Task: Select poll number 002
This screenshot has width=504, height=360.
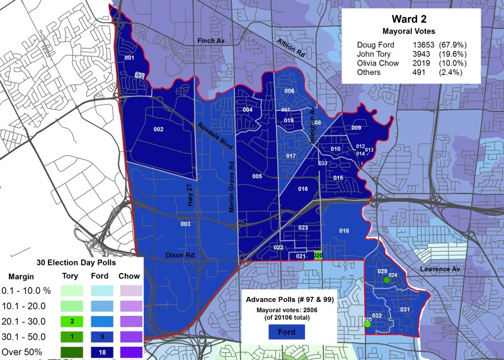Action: (158, 129)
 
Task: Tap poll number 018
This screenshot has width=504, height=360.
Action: (344, 231)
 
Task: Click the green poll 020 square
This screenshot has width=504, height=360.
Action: (318, 256)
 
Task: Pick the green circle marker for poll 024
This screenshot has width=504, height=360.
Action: (387, 280)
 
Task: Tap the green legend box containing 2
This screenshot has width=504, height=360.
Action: (72, 321)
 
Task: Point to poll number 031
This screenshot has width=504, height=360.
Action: (404, 309)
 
